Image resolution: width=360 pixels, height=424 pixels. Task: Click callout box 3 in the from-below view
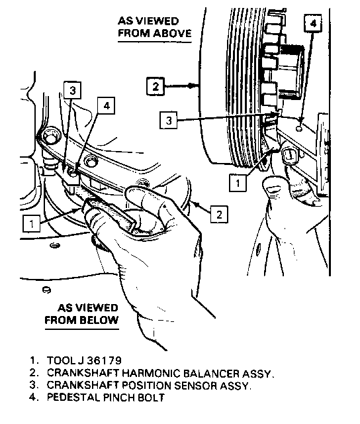[72, 90]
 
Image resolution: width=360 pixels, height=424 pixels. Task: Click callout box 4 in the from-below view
[107, 105]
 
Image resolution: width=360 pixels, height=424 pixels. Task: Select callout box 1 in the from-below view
[32, 223]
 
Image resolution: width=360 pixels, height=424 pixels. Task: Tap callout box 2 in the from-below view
[219, 214]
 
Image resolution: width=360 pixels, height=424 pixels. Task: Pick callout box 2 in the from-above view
[156, 87]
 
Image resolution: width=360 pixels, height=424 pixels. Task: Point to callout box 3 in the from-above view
[169, 120]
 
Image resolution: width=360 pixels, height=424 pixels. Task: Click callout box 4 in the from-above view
[313, 24]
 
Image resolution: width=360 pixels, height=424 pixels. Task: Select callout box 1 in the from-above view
[238, 183]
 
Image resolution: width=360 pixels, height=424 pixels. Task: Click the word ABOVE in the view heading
[173, 33]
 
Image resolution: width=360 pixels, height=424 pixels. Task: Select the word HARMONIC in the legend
[151, 373]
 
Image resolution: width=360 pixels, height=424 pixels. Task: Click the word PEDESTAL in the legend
[73, 397]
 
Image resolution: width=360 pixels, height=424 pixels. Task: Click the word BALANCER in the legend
[211, 373]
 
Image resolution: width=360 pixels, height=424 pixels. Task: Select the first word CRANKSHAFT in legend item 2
[83, 373]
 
